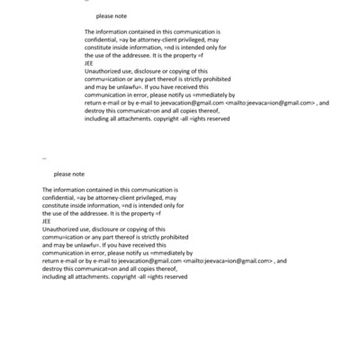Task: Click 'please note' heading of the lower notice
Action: coord(68,174)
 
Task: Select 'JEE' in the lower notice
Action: coord(47,221)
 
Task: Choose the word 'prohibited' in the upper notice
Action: coord(212,78)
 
